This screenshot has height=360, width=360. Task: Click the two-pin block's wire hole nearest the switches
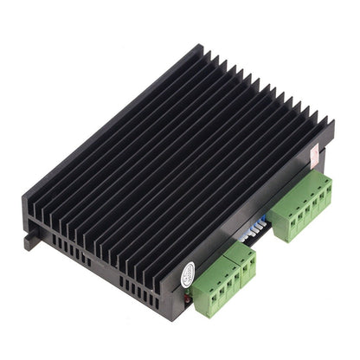tap(254, 263)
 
